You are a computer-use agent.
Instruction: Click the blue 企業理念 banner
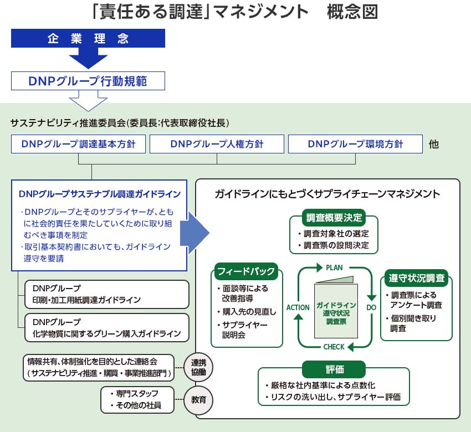tap(88, 39)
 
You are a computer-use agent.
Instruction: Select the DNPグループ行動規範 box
tap(88, 80)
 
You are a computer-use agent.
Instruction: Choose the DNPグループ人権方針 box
tap(217, 144)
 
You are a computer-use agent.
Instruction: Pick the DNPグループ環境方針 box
tap(355, 144)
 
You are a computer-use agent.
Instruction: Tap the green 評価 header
tap(334, 368)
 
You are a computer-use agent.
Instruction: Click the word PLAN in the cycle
tap(334, 268)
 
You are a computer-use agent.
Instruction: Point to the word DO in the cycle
tap(371, 307)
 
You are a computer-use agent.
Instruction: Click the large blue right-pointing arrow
tap(198, 233)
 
